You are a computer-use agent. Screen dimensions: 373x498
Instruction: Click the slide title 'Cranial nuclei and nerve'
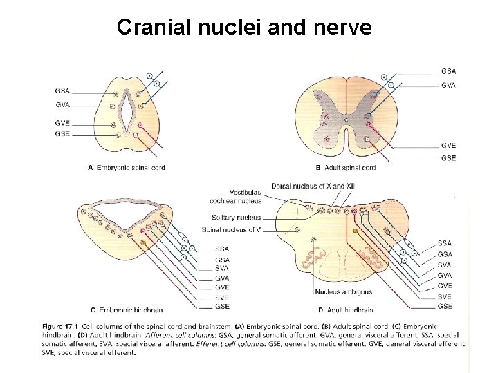point(244,27)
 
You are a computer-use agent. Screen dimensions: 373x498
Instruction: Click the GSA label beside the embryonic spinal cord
point(62,90)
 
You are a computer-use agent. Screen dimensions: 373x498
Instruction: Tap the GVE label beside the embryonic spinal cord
point(62,123)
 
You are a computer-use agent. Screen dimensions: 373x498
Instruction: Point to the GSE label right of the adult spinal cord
point(448,158)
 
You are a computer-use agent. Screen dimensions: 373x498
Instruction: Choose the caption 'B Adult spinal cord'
point(345,168)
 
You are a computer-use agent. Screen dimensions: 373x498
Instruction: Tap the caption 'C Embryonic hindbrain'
point(124,309)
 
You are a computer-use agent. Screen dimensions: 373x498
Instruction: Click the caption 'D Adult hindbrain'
point(345,310)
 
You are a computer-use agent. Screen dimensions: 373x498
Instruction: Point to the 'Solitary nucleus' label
point(236,218)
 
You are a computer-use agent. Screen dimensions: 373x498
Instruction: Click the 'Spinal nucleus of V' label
point(231,229)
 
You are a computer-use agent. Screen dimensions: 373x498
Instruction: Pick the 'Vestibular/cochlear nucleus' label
point(236,197)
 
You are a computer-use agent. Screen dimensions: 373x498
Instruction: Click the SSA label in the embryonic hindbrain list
point(222,249)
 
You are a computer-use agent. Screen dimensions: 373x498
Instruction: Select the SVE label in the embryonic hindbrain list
point(222,297)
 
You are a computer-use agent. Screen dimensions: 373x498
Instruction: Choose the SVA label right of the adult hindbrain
point(445,265)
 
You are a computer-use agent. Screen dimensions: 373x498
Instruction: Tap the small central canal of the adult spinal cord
point(345,119)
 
